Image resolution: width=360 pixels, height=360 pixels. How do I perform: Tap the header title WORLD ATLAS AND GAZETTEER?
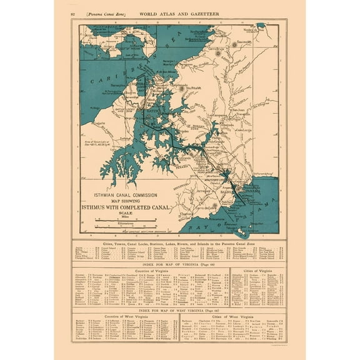(x=177, y=13)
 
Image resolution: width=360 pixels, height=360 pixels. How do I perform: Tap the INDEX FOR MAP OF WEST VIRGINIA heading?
(x=178, y=311)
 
